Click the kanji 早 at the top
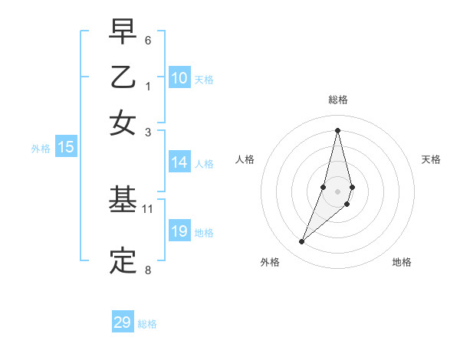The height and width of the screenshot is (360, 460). (x=123, y=33)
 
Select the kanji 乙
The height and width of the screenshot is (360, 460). (x=123, y=78)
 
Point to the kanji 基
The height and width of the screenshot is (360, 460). (x=123, y=201)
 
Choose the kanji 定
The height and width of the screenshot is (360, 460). (x=123, y=261)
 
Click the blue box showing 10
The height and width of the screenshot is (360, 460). (x=179, y=78)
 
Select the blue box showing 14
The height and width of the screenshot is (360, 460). (x=179, y=162)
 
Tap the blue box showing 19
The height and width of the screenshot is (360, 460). (x=179, y=232)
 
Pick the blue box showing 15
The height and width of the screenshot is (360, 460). (x=66, y=148)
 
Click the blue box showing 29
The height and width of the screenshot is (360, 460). (x=123, y=322)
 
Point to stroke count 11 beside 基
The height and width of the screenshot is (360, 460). (x=148, y=208)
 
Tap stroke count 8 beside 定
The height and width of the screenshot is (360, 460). (x=148, y=269)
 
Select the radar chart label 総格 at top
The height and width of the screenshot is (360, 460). (x=338, y=100)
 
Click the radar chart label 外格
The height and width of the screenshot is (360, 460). (x=269, y=263)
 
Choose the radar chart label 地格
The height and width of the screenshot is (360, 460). (x=402, y=263)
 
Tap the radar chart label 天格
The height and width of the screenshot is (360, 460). (x=431, y=159)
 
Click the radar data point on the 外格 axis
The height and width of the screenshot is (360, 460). (x=302, y=242)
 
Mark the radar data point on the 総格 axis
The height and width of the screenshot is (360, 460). (x=338, y=129)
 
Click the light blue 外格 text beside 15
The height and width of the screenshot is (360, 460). (x=40, y=149)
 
